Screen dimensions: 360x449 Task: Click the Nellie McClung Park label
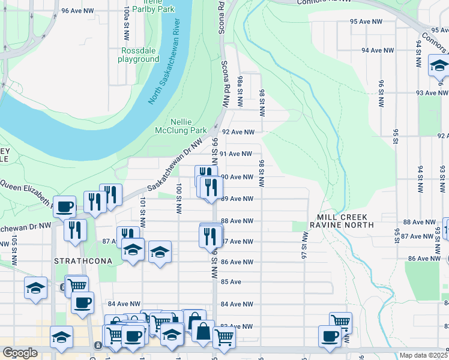pyautogui.click(x=180, y=125)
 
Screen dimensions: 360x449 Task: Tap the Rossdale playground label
pyautogui.click(x=138, y=55)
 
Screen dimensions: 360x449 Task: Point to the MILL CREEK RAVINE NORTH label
pyautogui.click(x=341, y=220)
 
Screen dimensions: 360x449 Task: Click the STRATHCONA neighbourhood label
pyautogui.click(x=80, y=262)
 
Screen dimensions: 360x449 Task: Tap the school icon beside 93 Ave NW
pyautogui.click(x=439, y=66)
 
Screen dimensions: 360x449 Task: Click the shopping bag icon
pyautogui.click(x=203, y=332)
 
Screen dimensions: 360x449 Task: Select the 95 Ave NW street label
pyautogui.click(x=367, y=22)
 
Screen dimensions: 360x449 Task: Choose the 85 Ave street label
pyautogui.click(x=231, y=282)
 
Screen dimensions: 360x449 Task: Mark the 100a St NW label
pyautogui.click(x=126, y=19)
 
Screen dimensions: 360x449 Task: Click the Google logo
pyautogui.click(x=20, y=353)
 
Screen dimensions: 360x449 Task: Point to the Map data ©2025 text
pyautogui.click(x=423, y=355)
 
